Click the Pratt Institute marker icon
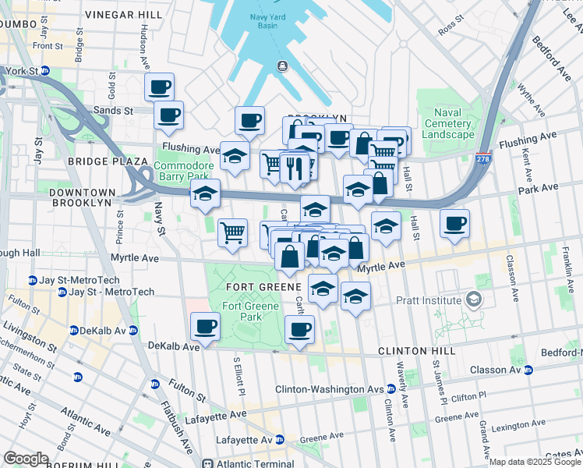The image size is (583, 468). tap(472, 300)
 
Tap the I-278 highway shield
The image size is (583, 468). tap(483, 158)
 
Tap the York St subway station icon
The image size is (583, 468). tap(45, 70)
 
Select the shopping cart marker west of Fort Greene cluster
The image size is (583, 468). tap(232, 232)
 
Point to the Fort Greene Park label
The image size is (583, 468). tap(250, 311)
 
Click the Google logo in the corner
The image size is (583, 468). tap(26, 459)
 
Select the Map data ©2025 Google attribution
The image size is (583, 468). tap(534, 463)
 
